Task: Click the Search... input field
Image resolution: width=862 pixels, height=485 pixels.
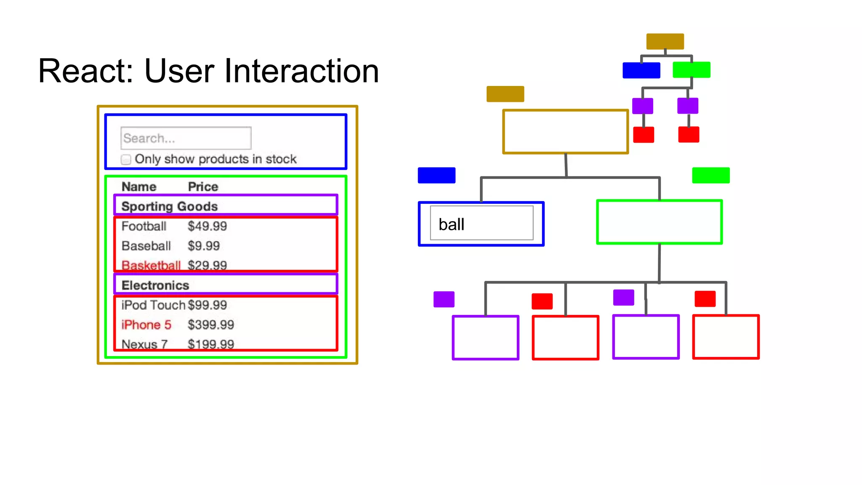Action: tap(186, 138)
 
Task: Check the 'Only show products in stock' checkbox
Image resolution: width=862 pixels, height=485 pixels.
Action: tap(126, 160)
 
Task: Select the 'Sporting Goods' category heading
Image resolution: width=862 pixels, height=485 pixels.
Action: tap(169, 206)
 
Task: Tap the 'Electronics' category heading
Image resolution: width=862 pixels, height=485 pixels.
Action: tap(155, 285)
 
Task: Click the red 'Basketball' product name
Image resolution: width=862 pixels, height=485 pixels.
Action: tap(151, 265)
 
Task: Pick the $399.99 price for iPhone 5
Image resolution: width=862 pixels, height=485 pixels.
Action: tap(210, 325)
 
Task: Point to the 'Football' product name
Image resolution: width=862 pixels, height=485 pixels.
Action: tap(144, 226)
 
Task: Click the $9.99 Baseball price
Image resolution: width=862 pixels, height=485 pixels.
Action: tap(204, 246)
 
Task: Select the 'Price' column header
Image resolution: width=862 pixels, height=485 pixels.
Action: tap(203, 187)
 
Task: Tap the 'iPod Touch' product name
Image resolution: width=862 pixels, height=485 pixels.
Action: tap(153, 305)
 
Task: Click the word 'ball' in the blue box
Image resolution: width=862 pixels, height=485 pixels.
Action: tap(451, 224)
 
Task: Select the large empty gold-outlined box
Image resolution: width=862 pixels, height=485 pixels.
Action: tap(565, 132)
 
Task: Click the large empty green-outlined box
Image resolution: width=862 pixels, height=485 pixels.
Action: tap(659, 222)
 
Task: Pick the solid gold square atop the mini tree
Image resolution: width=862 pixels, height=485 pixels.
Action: tap(665, 41)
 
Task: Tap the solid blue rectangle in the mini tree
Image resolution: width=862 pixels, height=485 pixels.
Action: tap(641, 70)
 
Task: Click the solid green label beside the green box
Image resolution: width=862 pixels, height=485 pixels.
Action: tap(710, 175)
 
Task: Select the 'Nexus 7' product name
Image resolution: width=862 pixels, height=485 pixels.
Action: tap(144, 344)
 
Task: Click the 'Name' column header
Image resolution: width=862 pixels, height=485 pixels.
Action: tap(139, 187)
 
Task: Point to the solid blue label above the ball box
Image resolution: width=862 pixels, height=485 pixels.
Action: tap(436, 175)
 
